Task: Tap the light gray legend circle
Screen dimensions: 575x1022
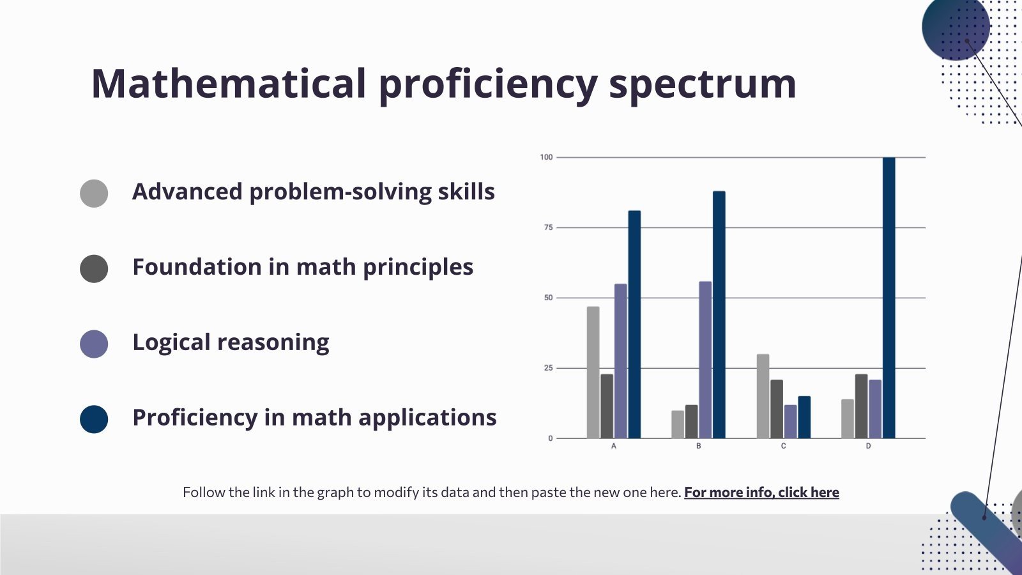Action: click(94, 193)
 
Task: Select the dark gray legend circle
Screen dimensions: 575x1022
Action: click(94, 268)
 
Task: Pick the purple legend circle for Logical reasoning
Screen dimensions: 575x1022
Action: click(94, 344)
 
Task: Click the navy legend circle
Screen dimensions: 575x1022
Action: click(94, 419)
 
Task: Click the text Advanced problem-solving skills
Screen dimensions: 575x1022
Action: click(313, 192)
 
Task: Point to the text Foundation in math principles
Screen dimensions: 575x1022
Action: click(302, 267)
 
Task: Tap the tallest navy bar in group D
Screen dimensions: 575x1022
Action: click(889, 297)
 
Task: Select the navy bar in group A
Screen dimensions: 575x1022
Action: click(634, 325)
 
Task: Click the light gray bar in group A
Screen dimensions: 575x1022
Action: click(593, 372)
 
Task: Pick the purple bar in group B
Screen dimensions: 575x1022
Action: click(705, 360)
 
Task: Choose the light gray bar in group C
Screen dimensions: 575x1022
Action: click(763, 396)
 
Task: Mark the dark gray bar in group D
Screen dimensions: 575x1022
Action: click(861, 406)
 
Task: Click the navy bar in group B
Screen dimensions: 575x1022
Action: click(719, 314)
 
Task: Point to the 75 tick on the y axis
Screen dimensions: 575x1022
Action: click(548, 227)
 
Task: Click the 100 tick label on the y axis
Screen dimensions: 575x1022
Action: click(546, 157)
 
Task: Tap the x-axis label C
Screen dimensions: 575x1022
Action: click(783, 446)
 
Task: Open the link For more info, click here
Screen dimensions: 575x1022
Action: click(761, 493)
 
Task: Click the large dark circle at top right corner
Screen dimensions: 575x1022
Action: click(956, 27)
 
